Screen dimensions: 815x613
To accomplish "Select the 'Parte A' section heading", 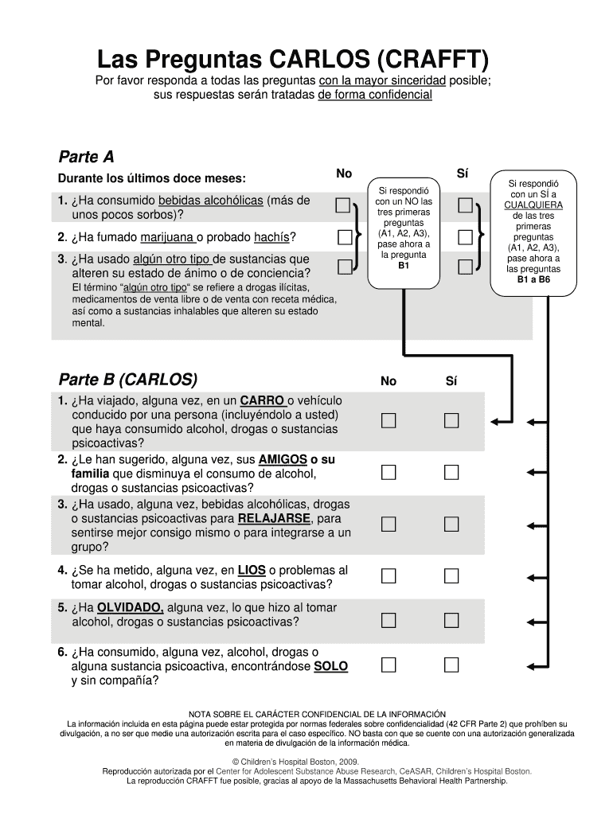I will [87, 155].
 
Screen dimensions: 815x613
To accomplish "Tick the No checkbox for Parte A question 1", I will [343, 207].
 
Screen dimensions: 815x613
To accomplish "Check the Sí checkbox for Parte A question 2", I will [465, 236].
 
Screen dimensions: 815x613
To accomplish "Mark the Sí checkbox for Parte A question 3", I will [465, 267].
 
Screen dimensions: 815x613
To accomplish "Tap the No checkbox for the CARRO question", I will [388, 420].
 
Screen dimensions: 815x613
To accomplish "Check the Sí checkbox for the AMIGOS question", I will [451, 473].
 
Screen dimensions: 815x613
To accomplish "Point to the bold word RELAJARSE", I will [275, 519].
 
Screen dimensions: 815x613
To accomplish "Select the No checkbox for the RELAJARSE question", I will [388, 524].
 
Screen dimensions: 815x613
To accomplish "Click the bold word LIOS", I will [252, 570].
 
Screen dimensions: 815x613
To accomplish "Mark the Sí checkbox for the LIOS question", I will [451, 575].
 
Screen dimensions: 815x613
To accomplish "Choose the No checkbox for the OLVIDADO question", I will [388, 619].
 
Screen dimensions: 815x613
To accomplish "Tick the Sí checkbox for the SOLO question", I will [451, 664].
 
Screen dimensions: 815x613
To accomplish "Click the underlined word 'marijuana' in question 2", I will [167, 237].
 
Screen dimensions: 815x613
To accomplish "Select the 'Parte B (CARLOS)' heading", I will [128, 379].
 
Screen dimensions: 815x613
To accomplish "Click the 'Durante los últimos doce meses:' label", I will [151, 177].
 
